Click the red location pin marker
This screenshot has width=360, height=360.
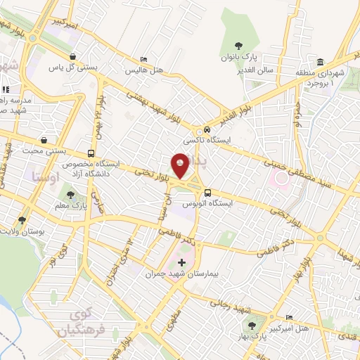point(181,166)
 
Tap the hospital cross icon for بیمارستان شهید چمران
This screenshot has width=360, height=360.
point(182,262)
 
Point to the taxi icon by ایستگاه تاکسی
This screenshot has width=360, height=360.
point(207,130)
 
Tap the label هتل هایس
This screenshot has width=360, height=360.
point(144,70)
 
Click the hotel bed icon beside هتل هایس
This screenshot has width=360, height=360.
point(144,60)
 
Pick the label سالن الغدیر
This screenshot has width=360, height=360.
point(254,71)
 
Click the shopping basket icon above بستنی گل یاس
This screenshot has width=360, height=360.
point(72,57)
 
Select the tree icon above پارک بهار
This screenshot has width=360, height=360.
point(251,325)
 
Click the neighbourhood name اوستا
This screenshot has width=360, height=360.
point(44,172)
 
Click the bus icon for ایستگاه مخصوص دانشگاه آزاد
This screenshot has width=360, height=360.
point(91,153)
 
